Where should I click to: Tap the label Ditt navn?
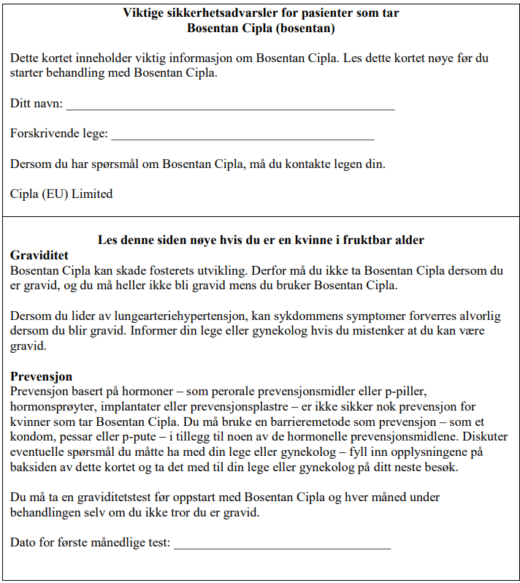coord(36,104)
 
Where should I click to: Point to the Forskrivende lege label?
coord(58,134)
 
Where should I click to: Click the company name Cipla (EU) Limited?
coord(61,194)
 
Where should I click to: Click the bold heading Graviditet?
coord(39,255)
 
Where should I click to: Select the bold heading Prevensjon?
coord(41,376)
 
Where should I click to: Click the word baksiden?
coord(33,468)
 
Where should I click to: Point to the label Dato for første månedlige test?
coord(90,544)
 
